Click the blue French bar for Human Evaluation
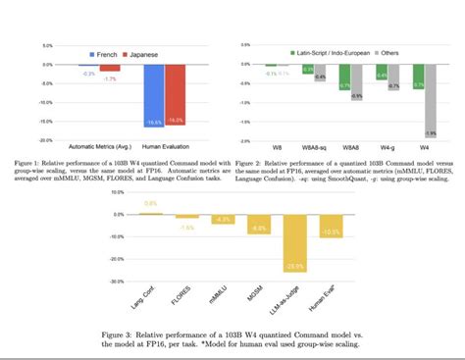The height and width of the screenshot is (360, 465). tap(152, 94)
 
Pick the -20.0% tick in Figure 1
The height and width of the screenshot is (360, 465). tap(45, 139)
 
